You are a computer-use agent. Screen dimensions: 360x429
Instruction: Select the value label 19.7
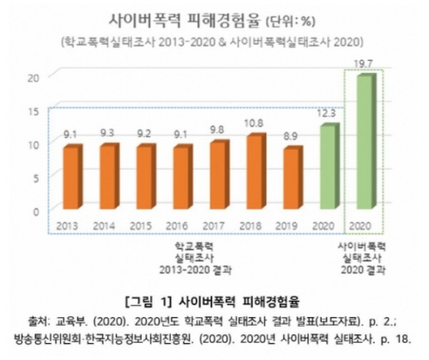[x=366, y=62]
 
